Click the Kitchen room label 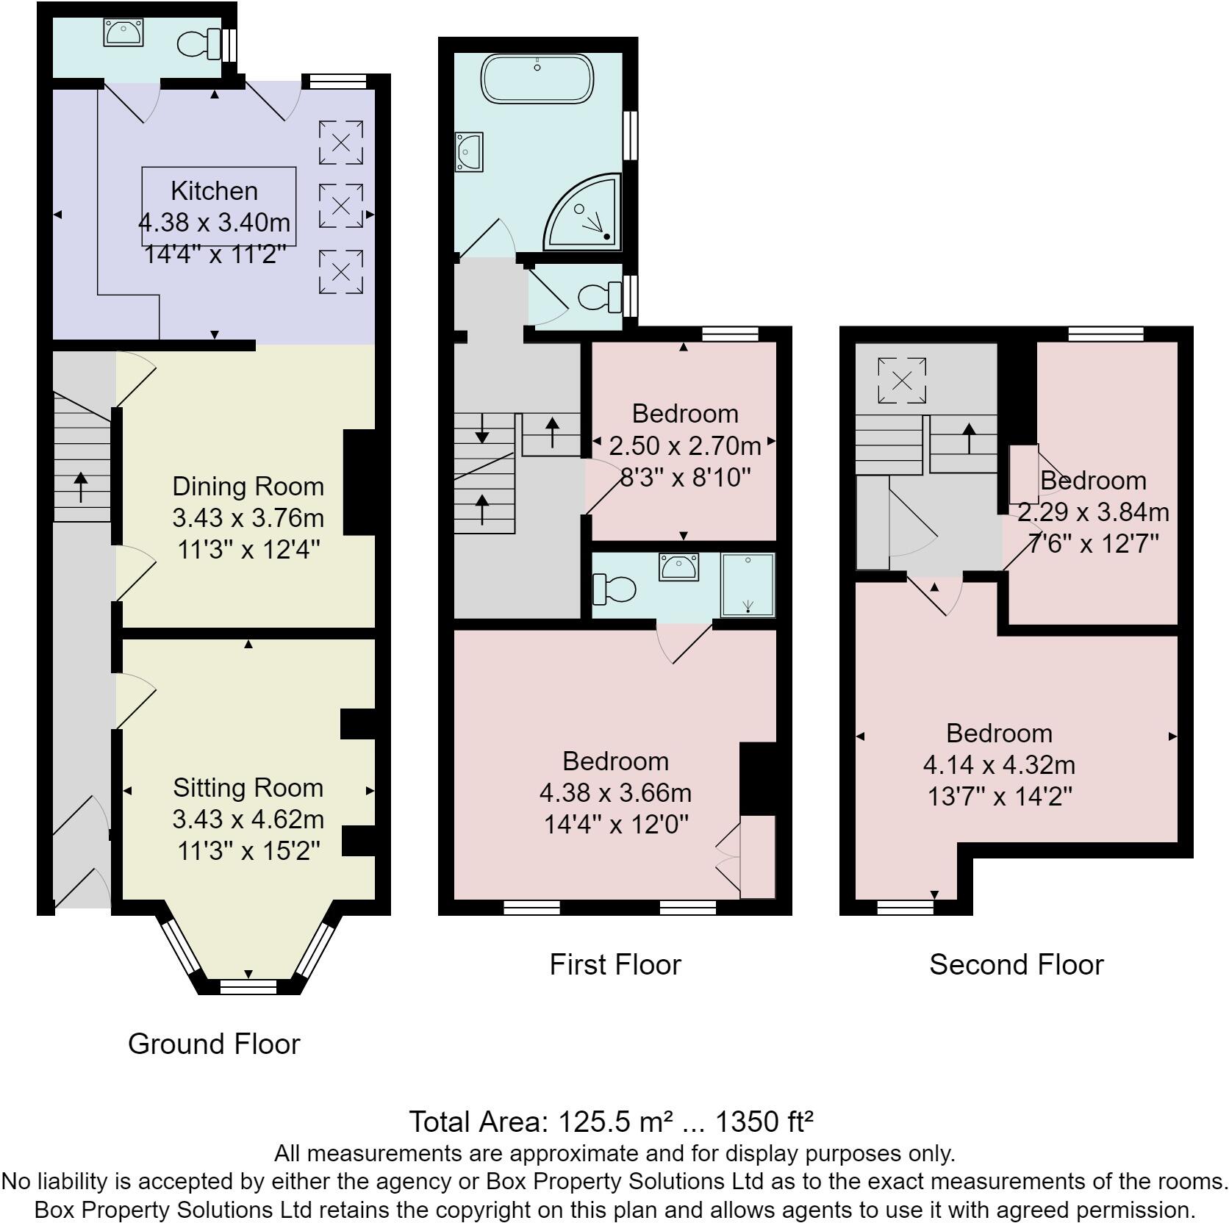(x=214, y=191)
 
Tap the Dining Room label (x=248, y=487)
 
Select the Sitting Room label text (x=248, y=788)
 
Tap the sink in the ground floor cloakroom (x=123, y=32)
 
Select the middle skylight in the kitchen (x=341, y=205)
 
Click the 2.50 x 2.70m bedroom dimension (x=684, y=446)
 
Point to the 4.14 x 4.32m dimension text (x=999, y=765)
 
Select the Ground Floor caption (x=214, y=1044)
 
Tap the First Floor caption (x=615, y=964)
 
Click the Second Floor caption (x=1016, y=964)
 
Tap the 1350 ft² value (x=764, y=1122)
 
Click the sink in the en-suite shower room (x=678, y=567)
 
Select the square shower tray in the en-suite (x=748, y=585)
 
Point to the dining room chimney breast (x=359, y=482)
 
